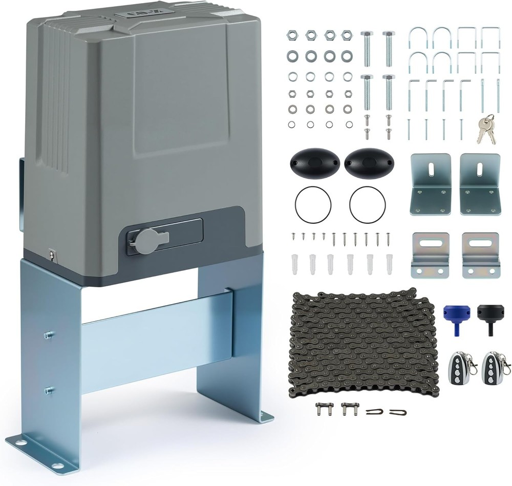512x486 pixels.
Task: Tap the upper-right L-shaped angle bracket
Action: [x=479, y=184]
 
